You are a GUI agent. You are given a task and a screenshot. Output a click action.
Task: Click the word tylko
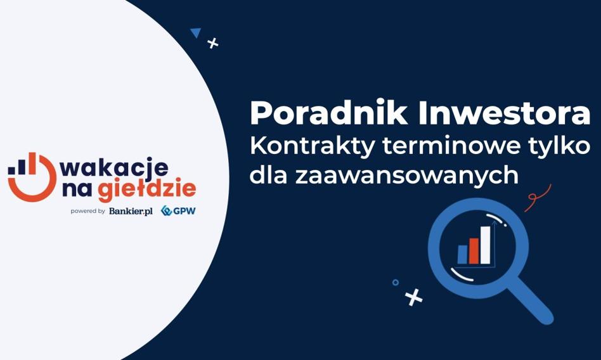tap(560, 147)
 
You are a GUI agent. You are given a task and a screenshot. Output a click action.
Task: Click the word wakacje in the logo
tap(114, 168)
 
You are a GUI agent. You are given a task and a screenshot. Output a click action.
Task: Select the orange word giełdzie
tap(147, 190)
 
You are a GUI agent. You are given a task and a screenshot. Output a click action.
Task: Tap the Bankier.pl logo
tap(131, 211)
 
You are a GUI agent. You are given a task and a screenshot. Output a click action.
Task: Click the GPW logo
tap(178, 210)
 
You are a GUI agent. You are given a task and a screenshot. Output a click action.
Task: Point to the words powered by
tap(87, 211)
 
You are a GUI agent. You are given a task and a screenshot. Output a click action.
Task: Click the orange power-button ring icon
tap(32, 177)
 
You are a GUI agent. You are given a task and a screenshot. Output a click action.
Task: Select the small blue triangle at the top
tap(196, 32)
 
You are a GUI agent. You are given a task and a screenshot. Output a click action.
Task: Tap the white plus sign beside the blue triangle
tap(213, 43)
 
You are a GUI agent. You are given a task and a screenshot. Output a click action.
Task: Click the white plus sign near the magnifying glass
tap(413, 297)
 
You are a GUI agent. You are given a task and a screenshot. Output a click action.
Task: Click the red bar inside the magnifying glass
tap(474, 251)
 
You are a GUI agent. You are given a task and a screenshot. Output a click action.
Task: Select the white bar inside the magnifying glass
tap(485, 245)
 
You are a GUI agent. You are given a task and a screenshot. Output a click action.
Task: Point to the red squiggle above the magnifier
tap(538, 196)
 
